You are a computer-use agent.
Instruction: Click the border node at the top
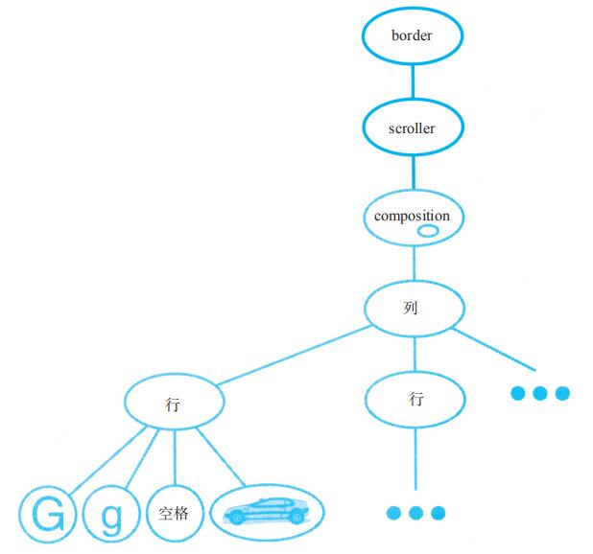[413, 36]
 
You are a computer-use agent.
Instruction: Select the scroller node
[413, 126]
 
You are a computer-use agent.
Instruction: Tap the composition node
[413, 217]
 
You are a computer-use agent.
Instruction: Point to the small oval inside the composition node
[428, 231]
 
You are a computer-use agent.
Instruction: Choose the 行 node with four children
[174, 404]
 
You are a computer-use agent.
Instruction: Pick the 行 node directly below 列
[415, 399]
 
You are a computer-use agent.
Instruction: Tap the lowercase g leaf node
[112, 516]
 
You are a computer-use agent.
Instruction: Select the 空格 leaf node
[174, 515]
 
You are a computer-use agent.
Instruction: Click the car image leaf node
[267, 514]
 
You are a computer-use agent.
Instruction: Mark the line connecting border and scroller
[413, 81]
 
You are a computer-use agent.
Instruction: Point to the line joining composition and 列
[413, 263]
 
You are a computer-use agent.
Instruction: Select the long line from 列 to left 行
[293, 357]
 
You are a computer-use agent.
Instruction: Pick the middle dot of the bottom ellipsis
[415, 513]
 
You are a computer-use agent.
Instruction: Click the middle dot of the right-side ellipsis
[540, 393]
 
